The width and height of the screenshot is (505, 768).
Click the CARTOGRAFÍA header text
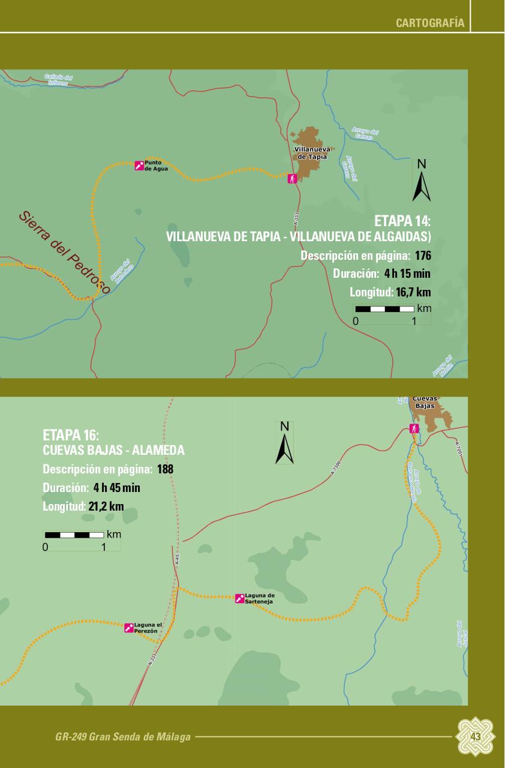pos(430,23)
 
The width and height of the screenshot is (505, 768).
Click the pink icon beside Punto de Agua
pos(139,165)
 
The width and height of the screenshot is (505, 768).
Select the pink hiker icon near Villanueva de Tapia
pos(292,178)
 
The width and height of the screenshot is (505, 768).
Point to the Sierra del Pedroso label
pos(64,252)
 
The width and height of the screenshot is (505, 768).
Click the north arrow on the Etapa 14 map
pos(422,182)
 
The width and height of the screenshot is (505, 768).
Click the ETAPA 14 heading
pos(402,220)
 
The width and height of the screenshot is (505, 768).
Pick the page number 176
pos(423,256)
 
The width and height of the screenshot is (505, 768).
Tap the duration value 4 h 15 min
pos(407,274)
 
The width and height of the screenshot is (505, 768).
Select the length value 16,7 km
pos(413,293)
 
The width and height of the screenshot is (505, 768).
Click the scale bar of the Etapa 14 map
pos(384,310)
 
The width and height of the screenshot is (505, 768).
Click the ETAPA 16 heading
pos(71,434)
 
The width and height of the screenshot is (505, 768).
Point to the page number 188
pos(165,469)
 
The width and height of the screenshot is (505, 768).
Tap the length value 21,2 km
pos(106,506)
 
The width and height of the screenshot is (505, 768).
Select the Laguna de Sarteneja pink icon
pos(240,598)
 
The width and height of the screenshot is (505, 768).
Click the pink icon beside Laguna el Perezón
pos(129,628)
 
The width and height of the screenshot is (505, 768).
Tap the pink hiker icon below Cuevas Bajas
pos(413,428)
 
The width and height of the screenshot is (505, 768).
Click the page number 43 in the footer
pos(476,736)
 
